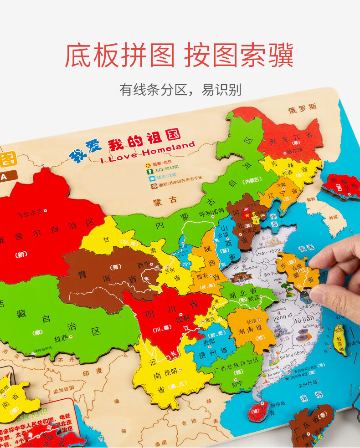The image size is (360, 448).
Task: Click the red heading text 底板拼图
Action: (120, 56)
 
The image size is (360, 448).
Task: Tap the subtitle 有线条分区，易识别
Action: (180, 89)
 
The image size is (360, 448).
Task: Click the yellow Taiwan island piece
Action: (340, 339)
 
